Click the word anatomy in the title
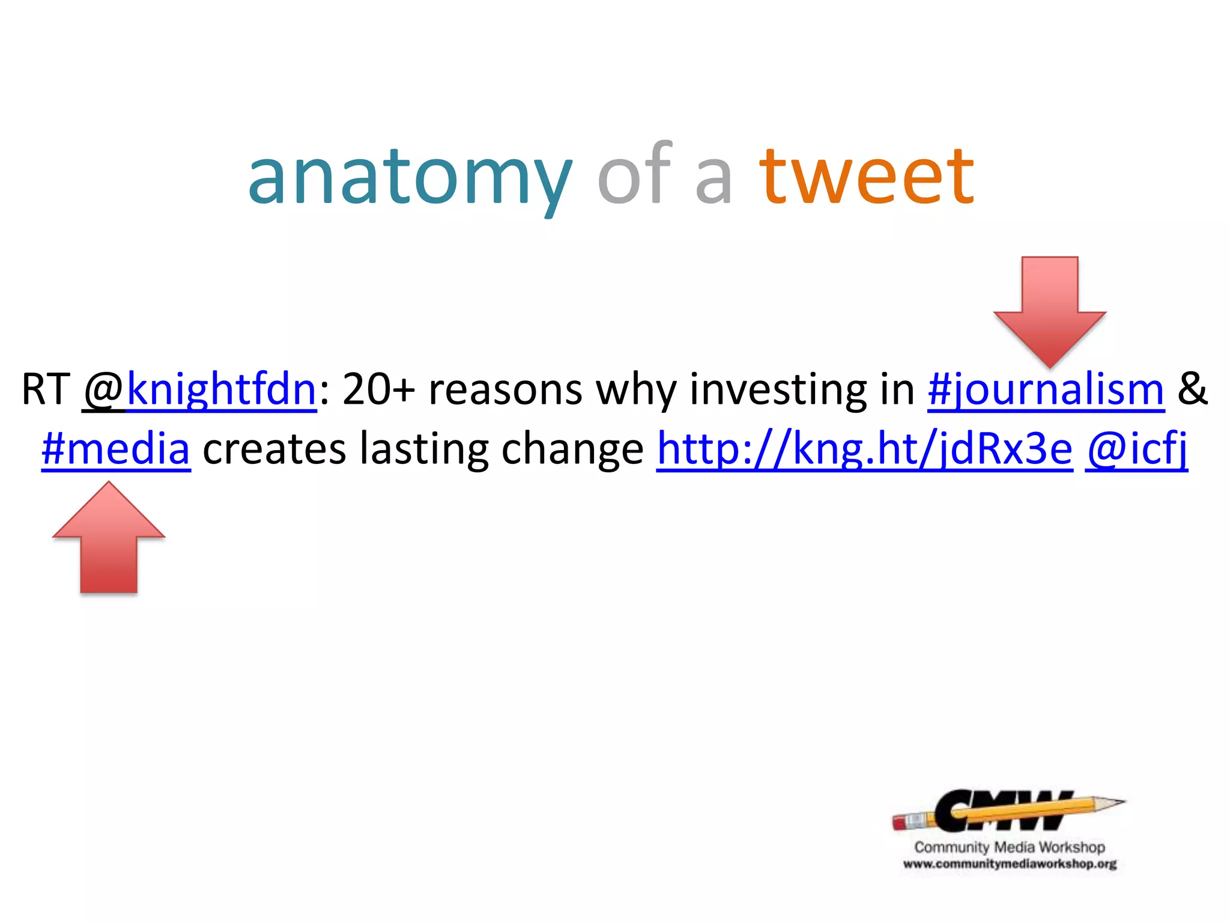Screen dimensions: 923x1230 pos(410,177)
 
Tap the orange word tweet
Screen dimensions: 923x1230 pos(866,177)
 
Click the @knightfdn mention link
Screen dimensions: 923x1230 pos(200,389)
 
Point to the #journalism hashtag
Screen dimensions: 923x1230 pos(1046,389)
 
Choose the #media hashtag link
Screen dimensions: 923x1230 pos(116,449)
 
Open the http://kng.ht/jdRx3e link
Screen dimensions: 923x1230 pos(864,449)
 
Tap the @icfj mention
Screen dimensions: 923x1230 pos(1136,449)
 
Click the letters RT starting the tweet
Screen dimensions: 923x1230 pos(46,389)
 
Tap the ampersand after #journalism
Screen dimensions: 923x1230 pos(1192,389)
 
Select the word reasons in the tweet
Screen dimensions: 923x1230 pos(505,389)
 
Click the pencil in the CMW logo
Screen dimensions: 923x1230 pos(1009,812)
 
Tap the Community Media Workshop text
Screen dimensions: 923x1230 pos(1009,847)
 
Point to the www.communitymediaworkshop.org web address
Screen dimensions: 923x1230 pos(1009,865)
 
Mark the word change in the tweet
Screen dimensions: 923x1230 pos(572,449)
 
